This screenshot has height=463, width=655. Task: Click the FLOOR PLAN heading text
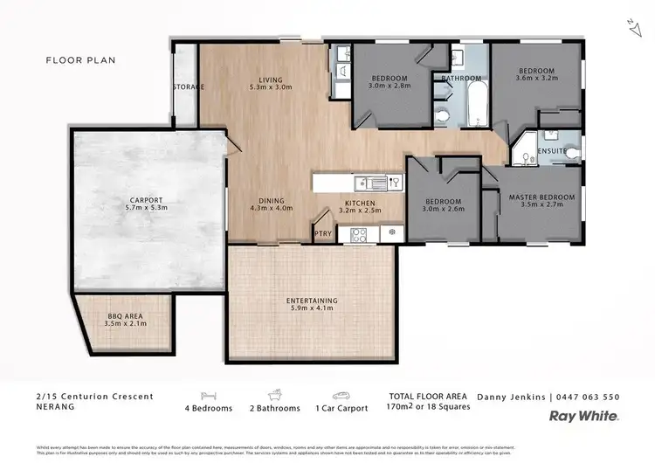(x=80, y=60)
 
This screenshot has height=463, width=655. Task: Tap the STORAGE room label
(x=188, y=86)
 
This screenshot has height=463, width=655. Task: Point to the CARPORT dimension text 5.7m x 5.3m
(x=147, y=209)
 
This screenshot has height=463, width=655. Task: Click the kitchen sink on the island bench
(x=372, y=183)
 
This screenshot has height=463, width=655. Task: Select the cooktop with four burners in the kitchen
(x=358, y=233)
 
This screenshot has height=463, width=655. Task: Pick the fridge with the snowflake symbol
(x=390, y=233)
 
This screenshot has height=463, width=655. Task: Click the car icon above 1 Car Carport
(x=341, y=395)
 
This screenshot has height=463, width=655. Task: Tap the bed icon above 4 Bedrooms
(x=208, y=395)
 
